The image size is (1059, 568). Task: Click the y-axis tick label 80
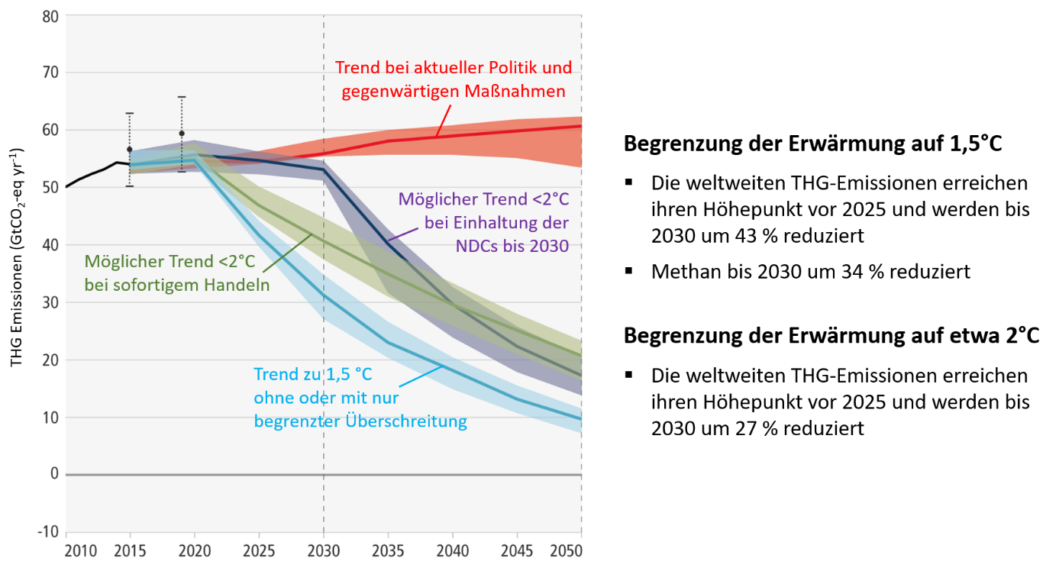point(51,15)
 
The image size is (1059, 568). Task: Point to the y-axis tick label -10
point(49,532)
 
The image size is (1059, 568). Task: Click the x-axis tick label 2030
point(324,551)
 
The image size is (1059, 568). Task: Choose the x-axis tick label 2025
point(259,551)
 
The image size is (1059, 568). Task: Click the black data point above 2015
point(130,150)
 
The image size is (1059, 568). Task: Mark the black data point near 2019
point(182,134)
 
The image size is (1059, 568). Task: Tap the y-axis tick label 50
point(51,188)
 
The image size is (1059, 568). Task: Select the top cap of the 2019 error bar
point(182,97)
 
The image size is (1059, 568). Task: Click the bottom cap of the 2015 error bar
point(130,186)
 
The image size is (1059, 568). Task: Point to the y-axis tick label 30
point(51,302)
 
